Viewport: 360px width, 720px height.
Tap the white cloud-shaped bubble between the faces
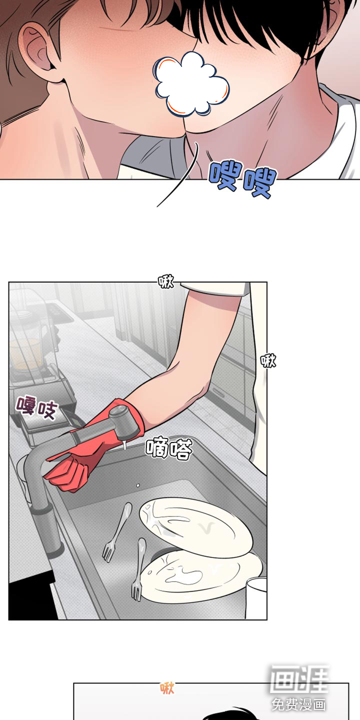point(191,84)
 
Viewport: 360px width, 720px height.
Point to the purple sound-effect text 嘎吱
point(37,408)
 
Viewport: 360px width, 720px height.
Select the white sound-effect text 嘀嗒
point(169,447)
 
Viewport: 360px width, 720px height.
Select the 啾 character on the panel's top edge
point(166,281)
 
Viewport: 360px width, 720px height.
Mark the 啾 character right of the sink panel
point(268,360)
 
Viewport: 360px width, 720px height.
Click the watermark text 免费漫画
point(298,704)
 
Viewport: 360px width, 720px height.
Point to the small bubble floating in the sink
point(138,485)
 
